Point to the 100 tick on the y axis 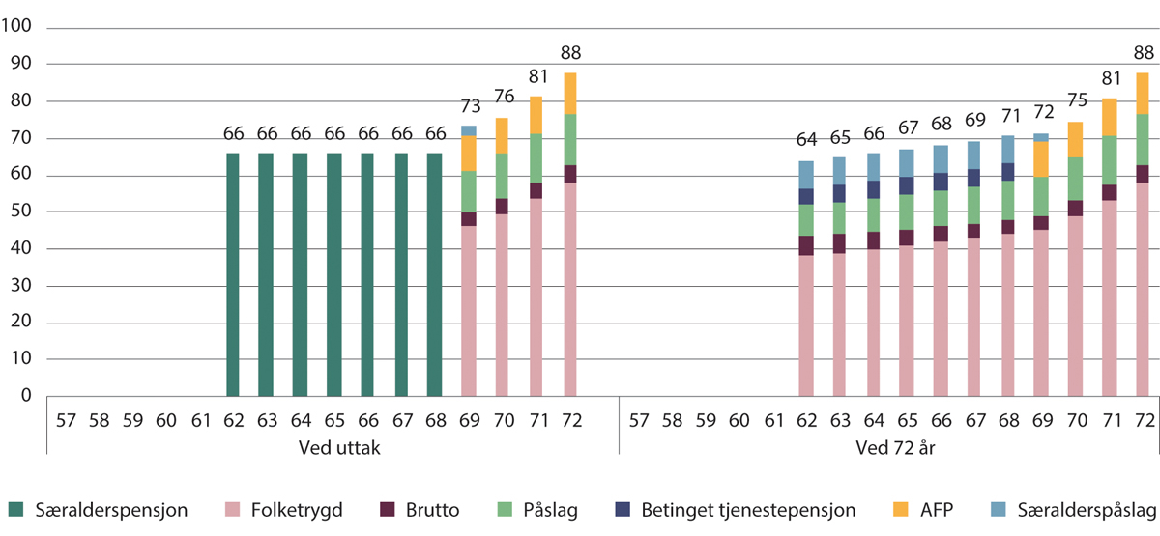(x=18, y=28)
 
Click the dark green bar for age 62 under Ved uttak (x=232, y=274)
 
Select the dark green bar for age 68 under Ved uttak (x=435, y=274)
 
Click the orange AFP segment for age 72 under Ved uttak (x=570, y=94)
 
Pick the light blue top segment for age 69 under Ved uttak (x=469, y=130)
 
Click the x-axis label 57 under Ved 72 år (x=638, y=420)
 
